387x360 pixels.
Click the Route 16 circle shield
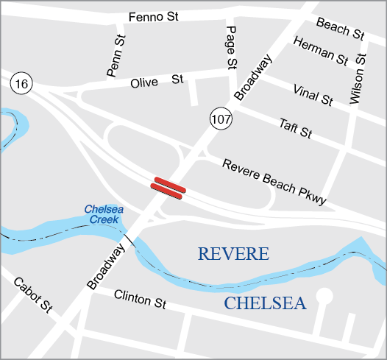21,85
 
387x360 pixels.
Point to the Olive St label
156,81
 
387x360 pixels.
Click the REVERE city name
234,255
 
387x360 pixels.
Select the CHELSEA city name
265,303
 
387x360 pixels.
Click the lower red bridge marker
167,191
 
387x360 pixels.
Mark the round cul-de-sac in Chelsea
324,296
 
